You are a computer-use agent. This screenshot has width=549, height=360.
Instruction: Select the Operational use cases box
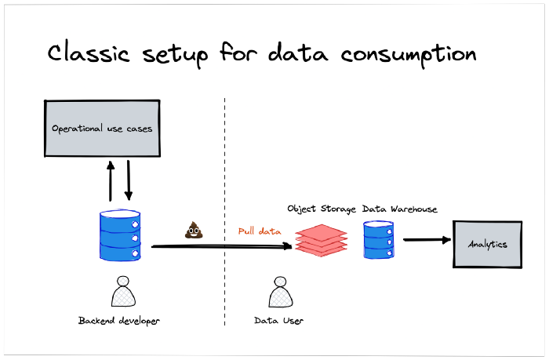102,128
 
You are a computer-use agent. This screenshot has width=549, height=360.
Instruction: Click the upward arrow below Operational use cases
111,181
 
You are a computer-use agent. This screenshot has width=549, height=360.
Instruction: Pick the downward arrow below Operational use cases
129,181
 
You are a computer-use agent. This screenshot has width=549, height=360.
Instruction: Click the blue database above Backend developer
120,235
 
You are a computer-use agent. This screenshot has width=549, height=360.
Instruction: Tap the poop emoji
193,230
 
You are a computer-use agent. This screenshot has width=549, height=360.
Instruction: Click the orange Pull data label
260,231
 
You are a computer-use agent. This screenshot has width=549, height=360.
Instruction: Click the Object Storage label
322,209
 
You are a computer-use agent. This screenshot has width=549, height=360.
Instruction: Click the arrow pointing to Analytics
428,240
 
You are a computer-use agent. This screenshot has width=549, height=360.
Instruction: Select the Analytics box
488,244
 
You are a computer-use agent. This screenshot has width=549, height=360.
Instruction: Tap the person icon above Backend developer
122,293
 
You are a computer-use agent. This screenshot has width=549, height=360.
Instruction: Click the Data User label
280,320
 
